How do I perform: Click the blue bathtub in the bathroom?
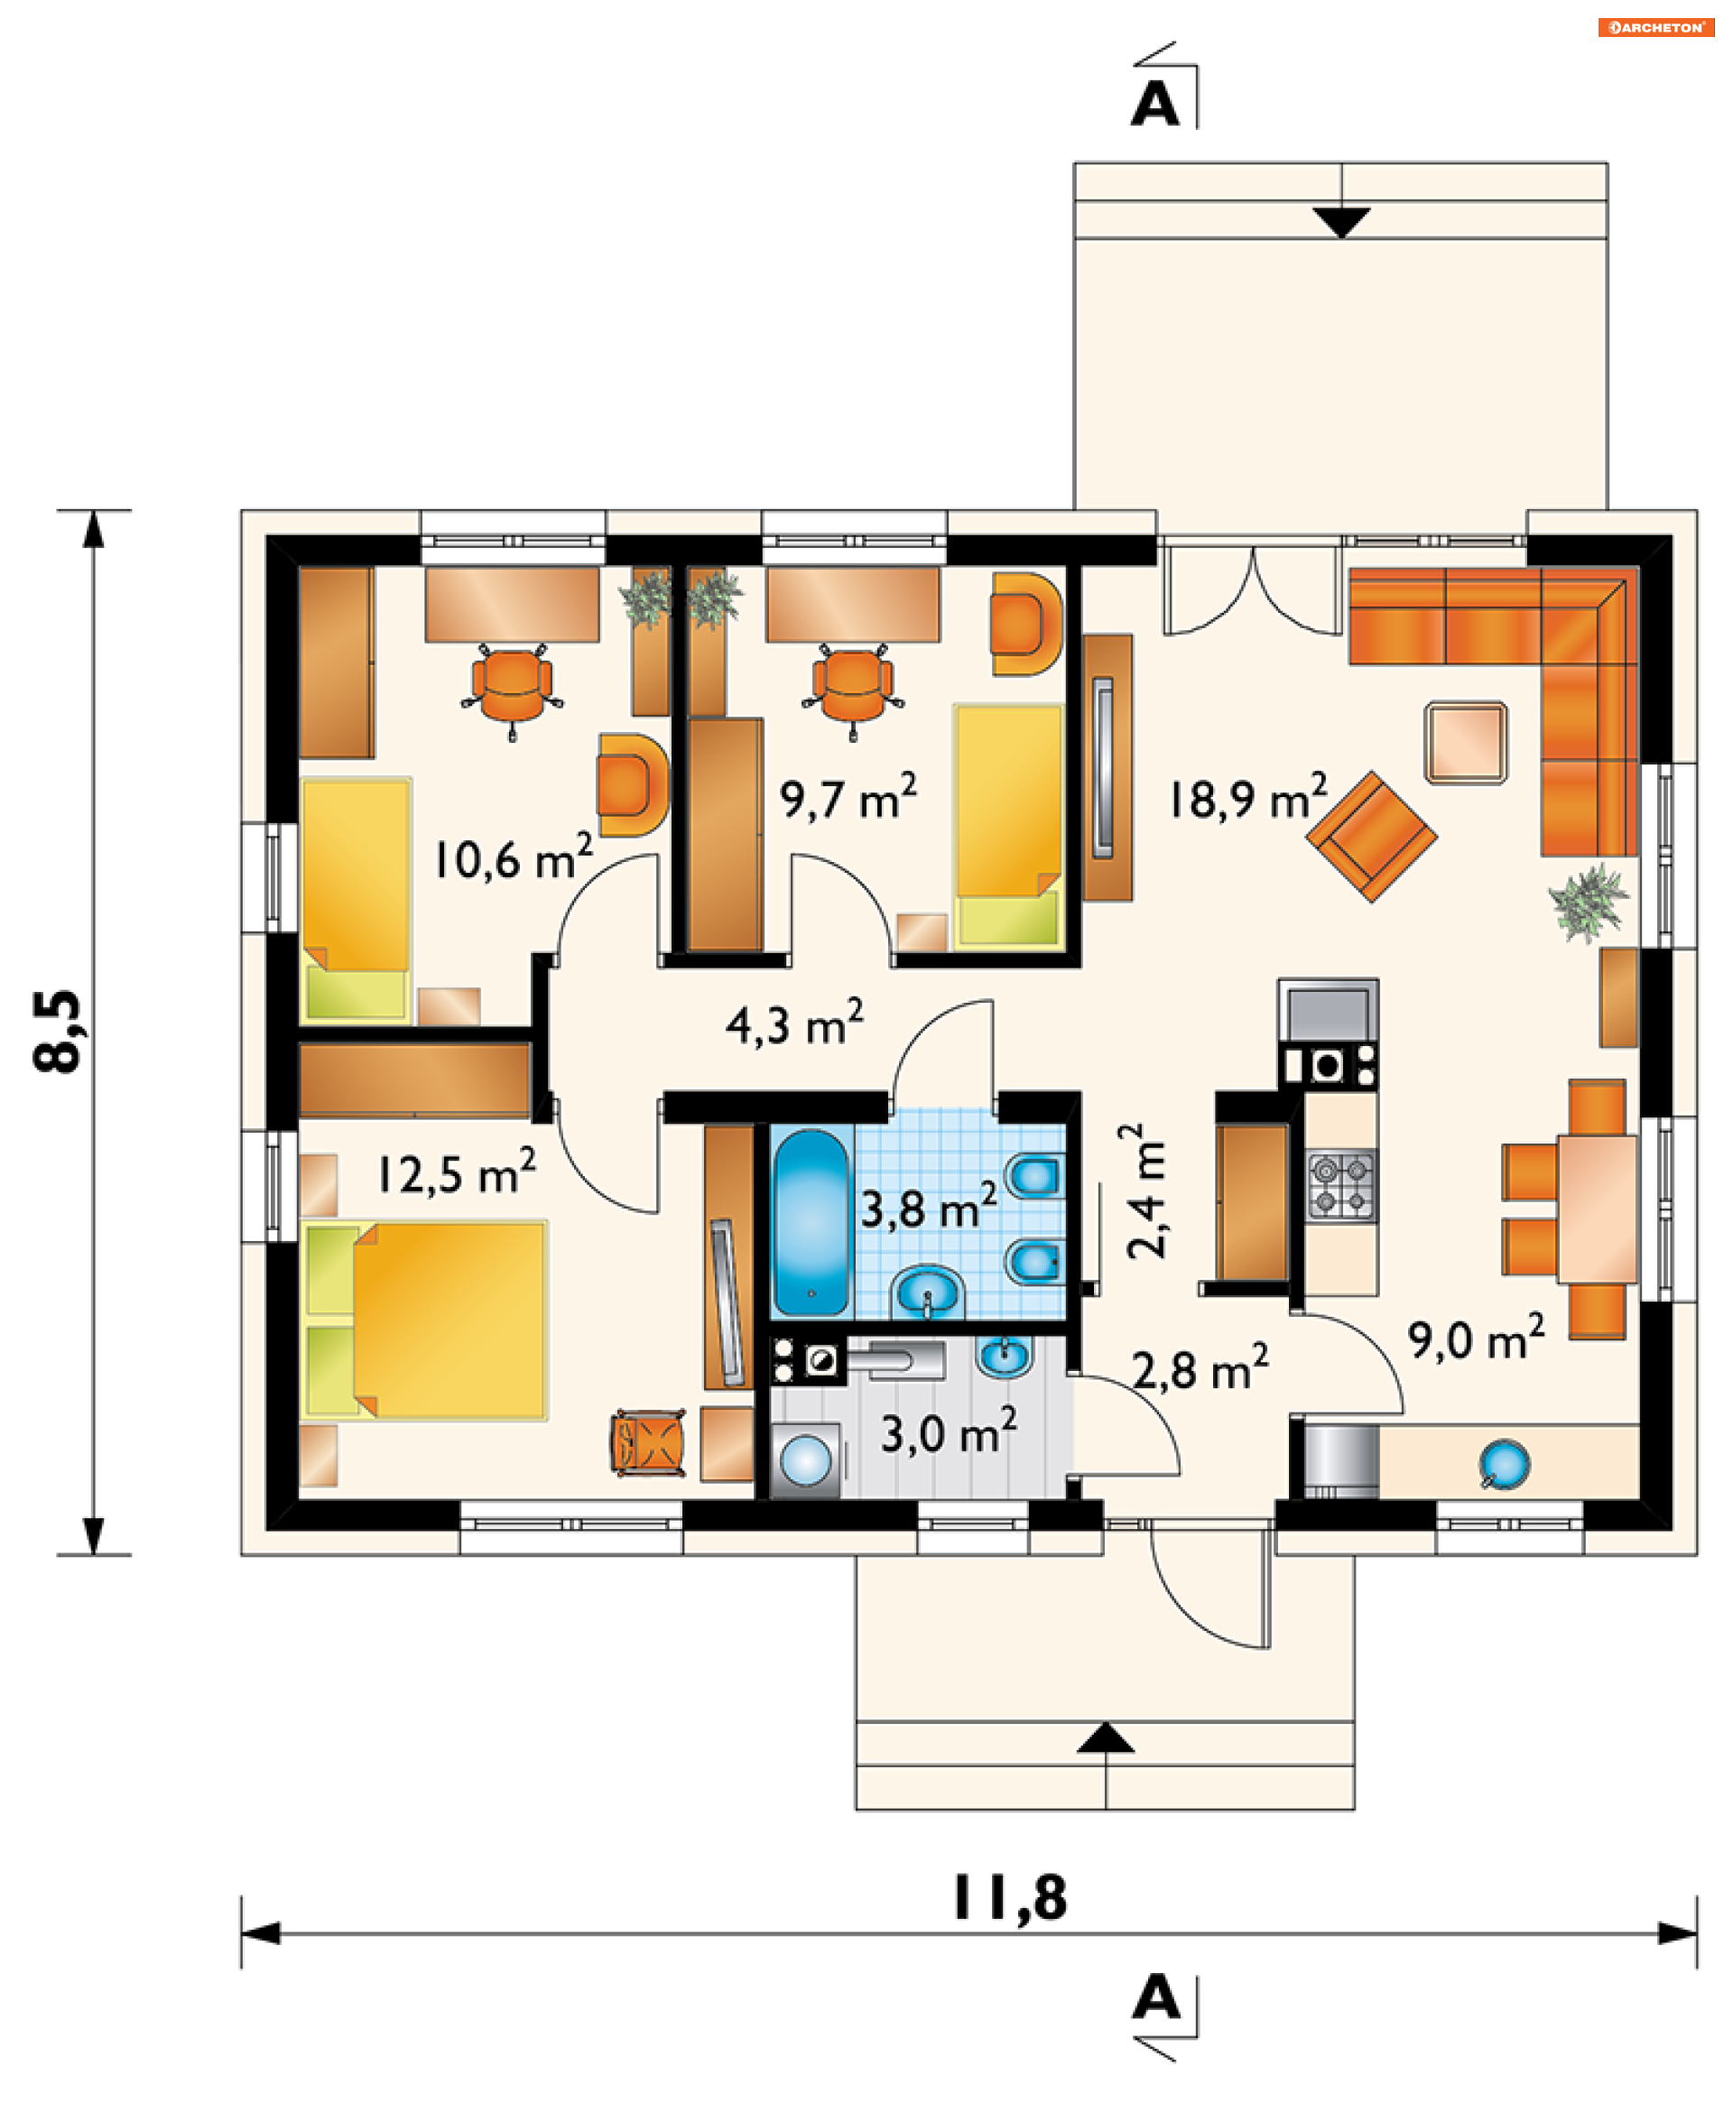[x=811, y=1222]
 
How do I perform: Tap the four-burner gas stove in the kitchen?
[x=1341, y=1186]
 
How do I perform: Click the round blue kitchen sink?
[x=1505, y=1464]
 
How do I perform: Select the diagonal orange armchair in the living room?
[x=1372, y=837]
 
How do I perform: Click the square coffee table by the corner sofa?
[x=1467, y=743]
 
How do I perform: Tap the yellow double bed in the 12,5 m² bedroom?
[x=424, y=1320]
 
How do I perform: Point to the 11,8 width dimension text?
[x=1010, y=1898]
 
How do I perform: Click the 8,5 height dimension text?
[x=58, y=1031]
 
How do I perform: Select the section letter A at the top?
[x=1155, y=103]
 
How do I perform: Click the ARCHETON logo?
[x=1656, y=27]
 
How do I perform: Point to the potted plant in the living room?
[x=1588, y=903]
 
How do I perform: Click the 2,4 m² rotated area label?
[x=1147, y=1190]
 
